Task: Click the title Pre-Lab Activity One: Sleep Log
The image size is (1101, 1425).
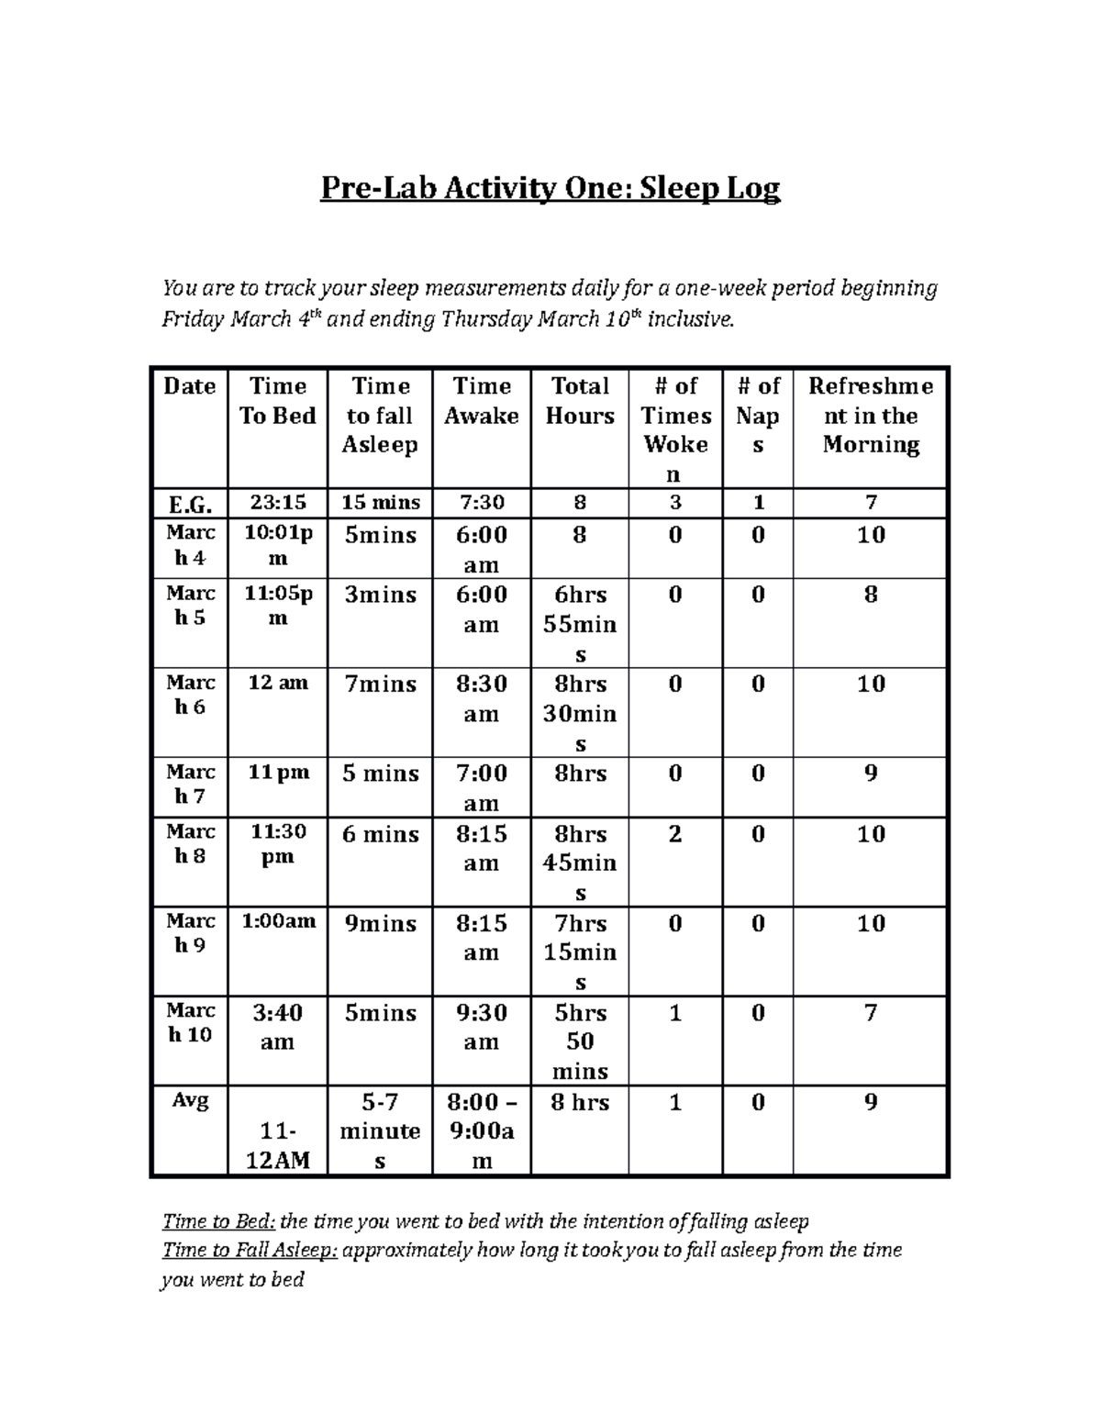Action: click(550, 189)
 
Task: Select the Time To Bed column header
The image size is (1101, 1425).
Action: click(277, 401)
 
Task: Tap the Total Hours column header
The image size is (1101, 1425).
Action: click(580, 401)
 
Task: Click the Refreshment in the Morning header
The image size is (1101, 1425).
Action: click(870, 416)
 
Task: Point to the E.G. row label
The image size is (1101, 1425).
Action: click(189, 504)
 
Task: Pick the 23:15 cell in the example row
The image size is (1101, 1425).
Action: click(277, 503)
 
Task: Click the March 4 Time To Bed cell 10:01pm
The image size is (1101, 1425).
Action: click(277, 546)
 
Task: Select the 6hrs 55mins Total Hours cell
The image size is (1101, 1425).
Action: click(580, 624)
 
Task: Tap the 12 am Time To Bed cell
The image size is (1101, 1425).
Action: click(277, 684)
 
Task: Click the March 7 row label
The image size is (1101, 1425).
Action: click(190, 785)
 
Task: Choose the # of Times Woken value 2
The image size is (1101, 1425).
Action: click(675, 834)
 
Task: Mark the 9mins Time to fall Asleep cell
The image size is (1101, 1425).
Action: click(380, 924)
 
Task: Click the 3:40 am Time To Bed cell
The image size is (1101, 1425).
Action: click(277, 1027)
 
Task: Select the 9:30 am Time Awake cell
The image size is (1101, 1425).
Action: click(481, 1027)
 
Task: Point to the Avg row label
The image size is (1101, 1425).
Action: click(190, 1100)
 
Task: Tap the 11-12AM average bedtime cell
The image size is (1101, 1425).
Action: click(277, 1145)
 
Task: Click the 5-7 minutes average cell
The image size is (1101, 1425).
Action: click(380, 1130)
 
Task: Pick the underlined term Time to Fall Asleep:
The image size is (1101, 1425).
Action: click(250, 1250)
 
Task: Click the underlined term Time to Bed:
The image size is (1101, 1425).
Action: click(218, 1221)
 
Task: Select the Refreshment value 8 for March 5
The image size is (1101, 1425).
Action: click(870, 596)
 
